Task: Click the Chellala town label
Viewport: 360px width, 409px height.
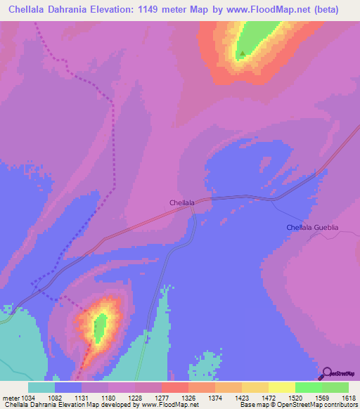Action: pos(182,202)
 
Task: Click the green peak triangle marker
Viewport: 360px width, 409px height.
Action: pos(243,53)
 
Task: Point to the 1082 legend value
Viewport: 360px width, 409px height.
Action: pos(55,398)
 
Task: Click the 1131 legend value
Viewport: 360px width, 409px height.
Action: pos(82,398)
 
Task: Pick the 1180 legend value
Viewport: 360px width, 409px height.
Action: pos(108,398)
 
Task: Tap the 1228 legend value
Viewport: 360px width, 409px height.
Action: pos(135,398)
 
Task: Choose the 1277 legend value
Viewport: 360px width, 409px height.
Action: pos(162,398)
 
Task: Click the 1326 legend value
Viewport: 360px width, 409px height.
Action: pos(188,398)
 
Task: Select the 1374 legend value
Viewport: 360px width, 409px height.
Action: pos(215,398)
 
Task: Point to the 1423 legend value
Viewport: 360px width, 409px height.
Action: pos(242,398)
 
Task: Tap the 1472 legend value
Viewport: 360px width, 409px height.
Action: pos(269,398)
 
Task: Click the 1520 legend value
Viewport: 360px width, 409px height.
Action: pos(295,398)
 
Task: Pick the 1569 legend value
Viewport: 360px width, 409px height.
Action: pos(322,398)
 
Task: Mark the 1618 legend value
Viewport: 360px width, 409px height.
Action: pos(349,398)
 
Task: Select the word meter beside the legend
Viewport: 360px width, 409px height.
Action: pos(10,398)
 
